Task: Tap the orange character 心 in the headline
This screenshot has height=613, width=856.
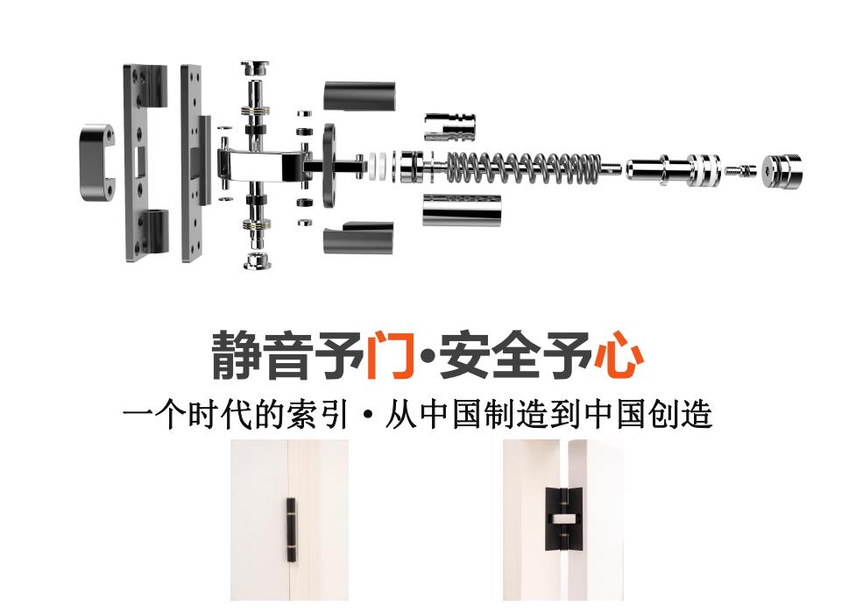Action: click(618, 354)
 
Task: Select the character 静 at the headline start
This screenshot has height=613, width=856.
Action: click(236, 354)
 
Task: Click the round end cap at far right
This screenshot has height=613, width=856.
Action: click(782, 171)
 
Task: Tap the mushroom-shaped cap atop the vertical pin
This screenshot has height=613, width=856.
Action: click(254, 68)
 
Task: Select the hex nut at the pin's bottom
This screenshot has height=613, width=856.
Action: click(257, 260)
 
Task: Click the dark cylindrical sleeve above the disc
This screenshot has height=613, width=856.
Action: click(359, 96)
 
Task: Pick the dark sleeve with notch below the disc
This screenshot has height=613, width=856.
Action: click(358, 239)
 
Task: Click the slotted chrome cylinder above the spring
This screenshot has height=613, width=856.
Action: click(449, 127)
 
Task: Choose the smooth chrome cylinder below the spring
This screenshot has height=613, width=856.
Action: click(462, 210)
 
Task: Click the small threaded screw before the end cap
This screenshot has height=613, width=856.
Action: click(740, 170)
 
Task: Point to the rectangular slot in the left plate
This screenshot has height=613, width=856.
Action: click(138, 163)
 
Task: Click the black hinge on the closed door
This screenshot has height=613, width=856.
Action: click(291, 530)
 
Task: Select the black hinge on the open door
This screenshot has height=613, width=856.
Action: click(563, 518)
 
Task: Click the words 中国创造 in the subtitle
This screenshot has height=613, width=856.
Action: click(648, 414)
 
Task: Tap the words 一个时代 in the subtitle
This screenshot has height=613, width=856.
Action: click(187, 414)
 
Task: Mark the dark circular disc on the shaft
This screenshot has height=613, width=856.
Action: click(329, 165)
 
